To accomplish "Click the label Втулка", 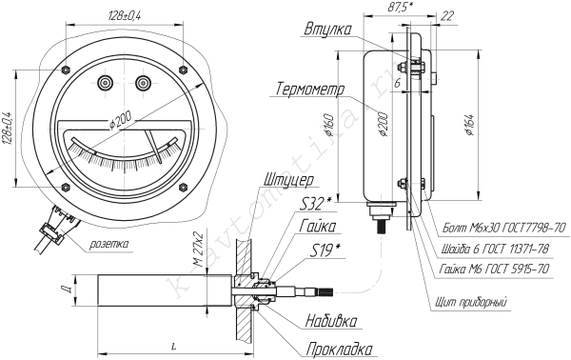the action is pos(327,30).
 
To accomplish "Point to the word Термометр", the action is pos(310,89).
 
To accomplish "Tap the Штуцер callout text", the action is pos(288,180).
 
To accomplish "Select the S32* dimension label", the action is pos(315,205).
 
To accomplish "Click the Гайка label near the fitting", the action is pos(318,227).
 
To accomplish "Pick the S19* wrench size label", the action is pos(326,250).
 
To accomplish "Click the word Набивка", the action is pos(331,321).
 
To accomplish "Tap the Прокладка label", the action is pos(339,350).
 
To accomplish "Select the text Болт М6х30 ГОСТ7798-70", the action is pos(504,229).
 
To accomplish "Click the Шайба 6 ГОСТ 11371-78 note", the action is pos(495,249).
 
